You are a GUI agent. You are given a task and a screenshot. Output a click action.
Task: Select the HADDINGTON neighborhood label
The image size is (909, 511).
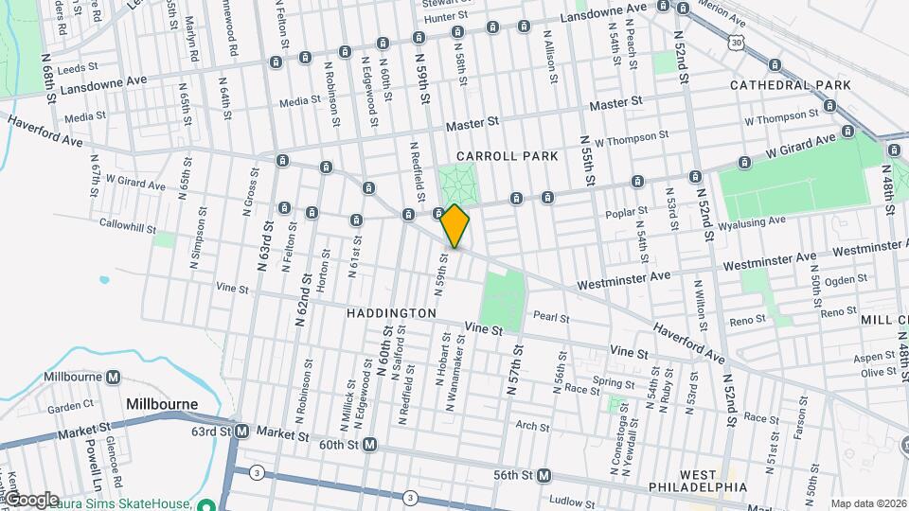(x=391, y=313)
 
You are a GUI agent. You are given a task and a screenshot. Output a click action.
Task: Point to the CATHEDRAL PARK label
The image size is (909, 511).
(x=791, y=85)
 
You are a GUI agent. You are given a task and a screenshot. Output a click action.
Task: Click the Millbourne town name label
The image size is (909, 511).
(x=162, y=404)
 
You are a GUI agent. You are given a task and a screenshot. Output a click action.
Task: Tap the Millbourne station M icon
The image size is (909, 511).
(x=114, y=377)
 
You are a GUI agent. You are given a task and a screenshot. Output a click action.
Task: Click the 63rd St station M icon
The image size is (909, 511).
(x=241, y=432)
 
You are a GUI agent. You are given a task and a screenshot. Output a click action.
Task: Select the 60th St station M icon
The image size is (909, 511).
(x=370, y=444)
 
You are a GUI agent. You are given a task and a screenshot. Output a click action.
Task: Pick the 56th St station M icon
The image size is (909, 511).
(x=544, y=475)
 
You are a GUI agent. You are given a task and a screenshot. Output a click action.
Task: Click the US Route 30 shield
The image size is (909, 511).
(x=736, y=43)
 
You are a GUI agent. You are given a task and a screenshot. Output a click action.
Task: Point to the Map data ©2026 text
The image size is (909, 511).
(x=868, y=503)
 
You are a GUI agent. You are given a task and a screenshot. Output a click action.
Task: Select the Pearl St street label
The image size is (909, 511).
(x=551, y=318)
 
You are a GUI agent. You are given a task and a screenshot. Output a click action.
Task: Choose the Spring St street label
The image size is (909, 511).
(x=614, y=383)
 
